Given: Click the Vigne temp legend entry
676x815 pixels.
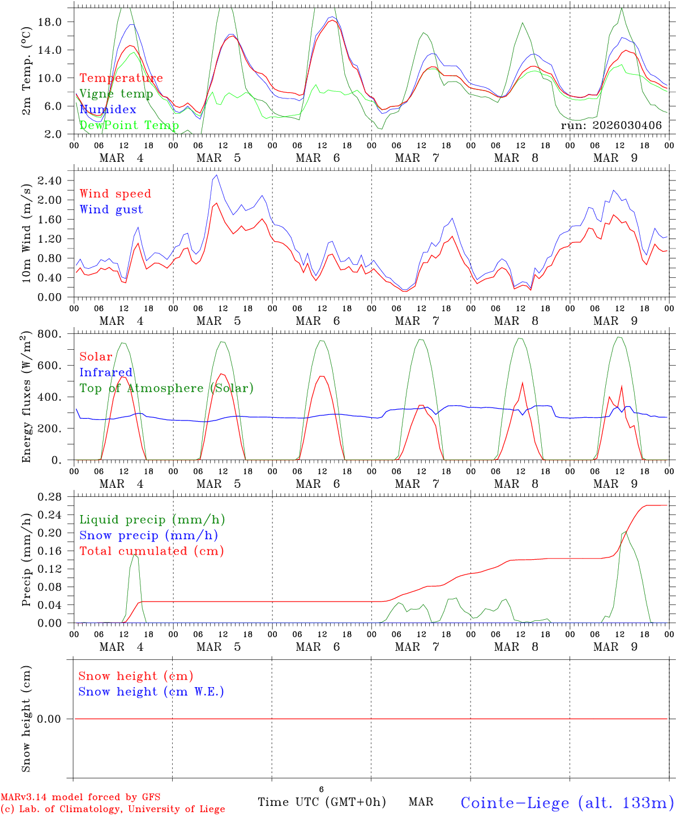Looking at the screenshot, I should click(x=116, y=94).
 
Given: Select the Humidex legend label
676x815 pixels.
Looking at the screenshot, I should click(x=108, y=110).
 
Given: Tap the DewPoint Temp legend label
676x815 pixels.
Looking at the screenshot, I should click(x=129, y=125).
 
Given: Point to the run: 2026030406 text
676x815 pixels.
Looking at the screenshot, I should click(x=611, y=125).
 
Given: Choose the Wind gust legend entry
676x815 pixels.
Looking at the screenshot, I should click(x=111, y=209).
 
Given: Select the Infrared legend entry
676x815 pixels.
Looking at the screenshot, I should click(x=106, y=372).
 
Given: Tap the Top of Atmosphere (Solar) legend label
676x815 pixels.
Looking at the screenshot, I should click(x=166, y=388).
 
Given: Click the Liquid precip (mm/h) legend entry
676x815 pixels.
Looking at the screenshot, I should click(x=152, y=520).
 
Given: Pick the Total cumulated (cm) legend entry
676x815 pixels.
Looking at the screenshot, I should click(x=152, y=551).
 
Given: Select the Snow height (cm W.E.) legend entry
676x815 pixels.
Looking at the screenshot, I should click(x=151, y=692).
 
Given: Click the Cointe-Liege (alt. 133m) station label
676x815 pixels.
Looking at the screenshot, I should click(x=567, y=803).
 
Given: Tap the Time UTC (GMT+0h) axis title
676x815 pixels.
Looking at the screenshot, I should click(x=322, y=802).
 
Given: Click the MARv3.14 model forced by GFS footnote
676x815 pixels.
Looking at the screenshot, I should click(x=80, y=797).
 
